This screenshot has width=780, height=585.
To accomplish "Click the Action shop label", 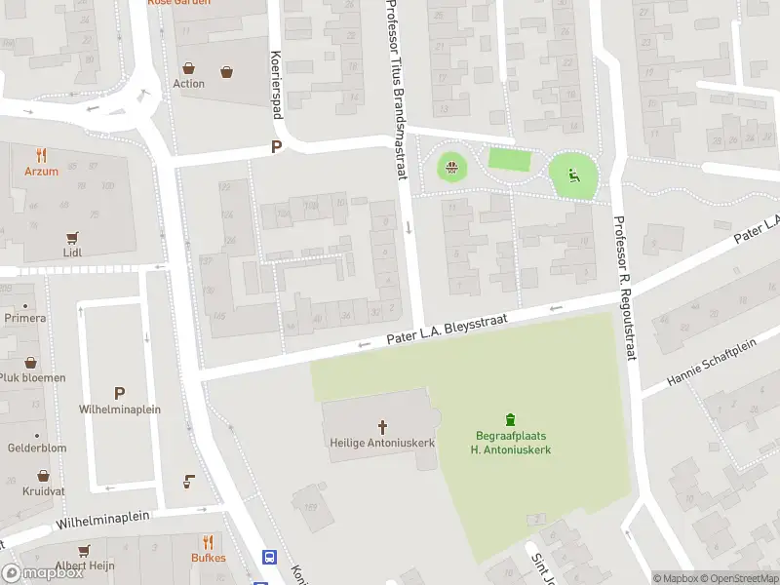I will [x=189, y=83].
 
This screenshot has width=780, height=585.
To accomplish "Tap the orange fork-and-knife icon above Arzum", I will [x=41, y=155].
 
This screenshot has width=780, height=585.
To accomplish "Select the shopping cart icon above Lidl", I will [x=71, y=237].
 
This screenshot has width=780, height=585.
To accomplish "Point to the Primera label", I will [x=24, y=318].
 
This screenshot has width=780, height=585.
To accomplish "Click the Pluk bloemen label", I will [x=32, y=377].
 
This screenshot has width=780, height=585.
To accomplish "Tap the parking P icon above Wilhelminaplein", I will [x=119, y=393].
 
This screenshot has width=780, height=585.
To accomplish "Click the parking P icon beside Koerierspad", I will [x=276, y=147].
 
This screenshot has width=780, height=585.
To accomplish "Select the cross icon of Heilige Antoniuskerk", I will [x=382, y=426].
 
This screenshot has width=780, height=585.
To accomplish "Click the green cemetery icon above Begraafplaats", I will [x=511, y=419].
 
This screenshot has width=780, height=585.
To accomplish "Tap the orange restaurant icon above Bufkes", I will [x=208, y=542].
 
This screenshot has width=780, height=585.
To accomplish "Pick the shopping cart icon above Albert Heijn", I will [x=84, y=550].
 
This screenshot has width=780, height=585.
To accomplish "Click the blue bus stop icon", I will [x=268, y=558].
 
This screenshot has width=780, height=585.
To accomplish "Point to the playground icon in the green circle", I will [x=573, y=176].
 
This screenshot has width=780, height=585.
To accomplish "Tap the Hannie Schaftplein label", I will [x=711, y=363].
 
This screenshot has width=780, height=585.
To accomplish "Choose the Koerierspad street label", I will [x=276, y=85].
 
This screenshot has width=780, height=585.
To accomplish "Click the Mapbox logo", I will [x=44, y=573].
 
